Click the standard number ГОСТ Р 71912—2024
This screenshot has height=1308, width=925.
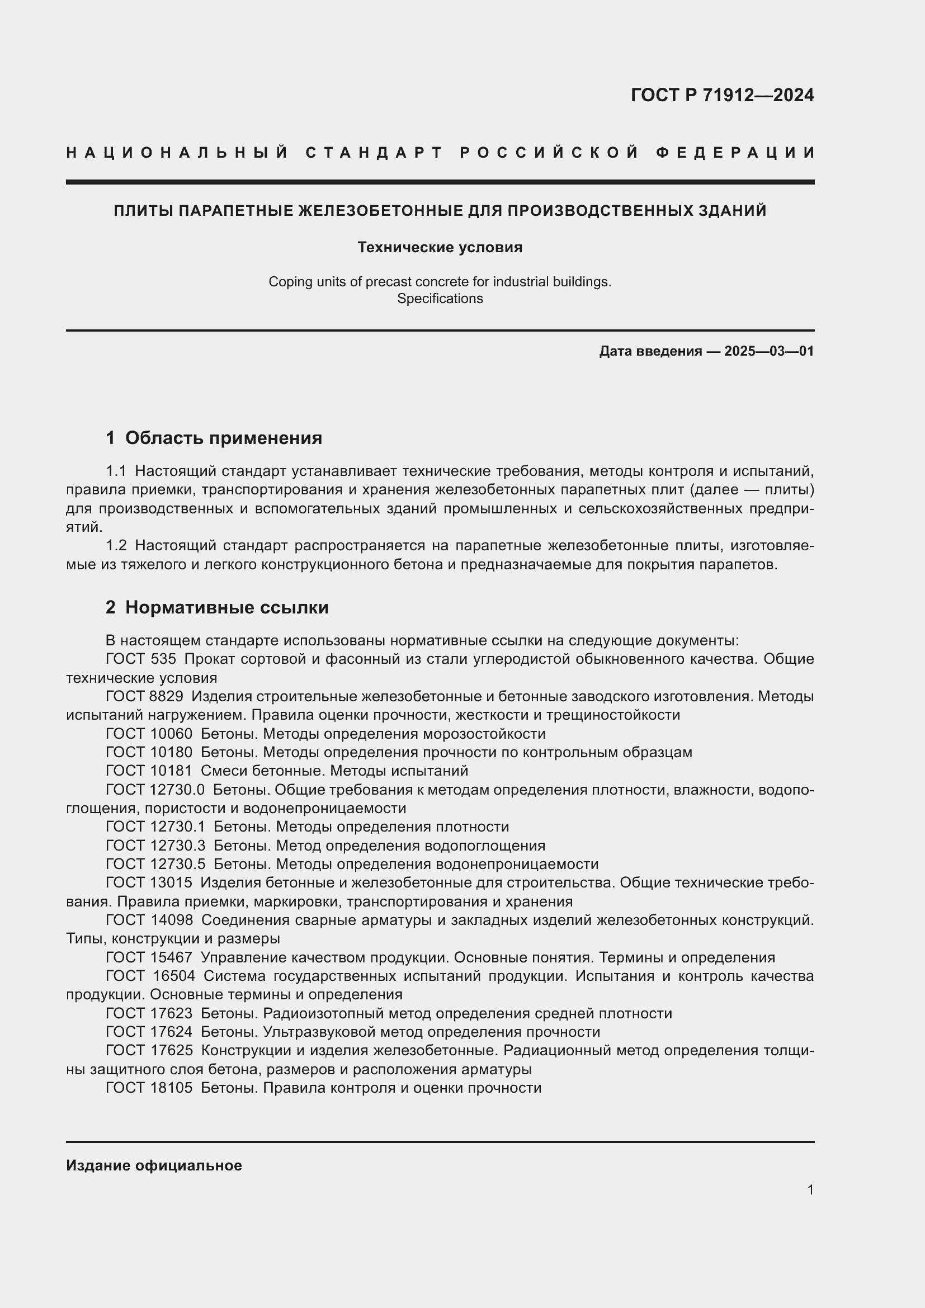pos(721,95)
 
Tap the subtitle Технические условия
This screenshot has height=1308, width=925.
pos(440,247)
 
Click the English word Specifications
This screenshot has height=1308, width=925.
pos(440,299)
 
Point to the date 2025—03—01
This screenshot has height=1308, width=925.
pos(769,351)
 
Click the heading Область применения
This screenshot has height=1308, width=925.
pos(223,438)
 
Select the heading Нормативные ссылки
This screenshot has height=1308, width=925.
pos(226,608)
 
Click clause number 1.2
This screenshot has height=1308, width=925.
pos(116,546)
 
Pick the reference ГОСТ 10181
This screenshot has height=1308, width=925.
pos(149,771)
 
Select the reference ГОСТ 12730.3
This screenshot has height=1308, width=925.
pos(155,846)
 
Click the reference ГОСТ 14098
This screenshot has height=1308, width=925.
pos(149,920)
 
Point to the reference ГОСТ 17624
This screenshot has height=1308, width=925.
pos(149,1032)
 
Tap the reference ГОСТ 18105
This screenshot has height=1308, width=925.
pos(149,1088)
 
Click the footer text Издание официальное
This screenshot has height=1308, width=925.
pos(154,1165)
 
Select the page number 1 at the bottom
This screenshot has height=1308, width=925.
pos(810,1190)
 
